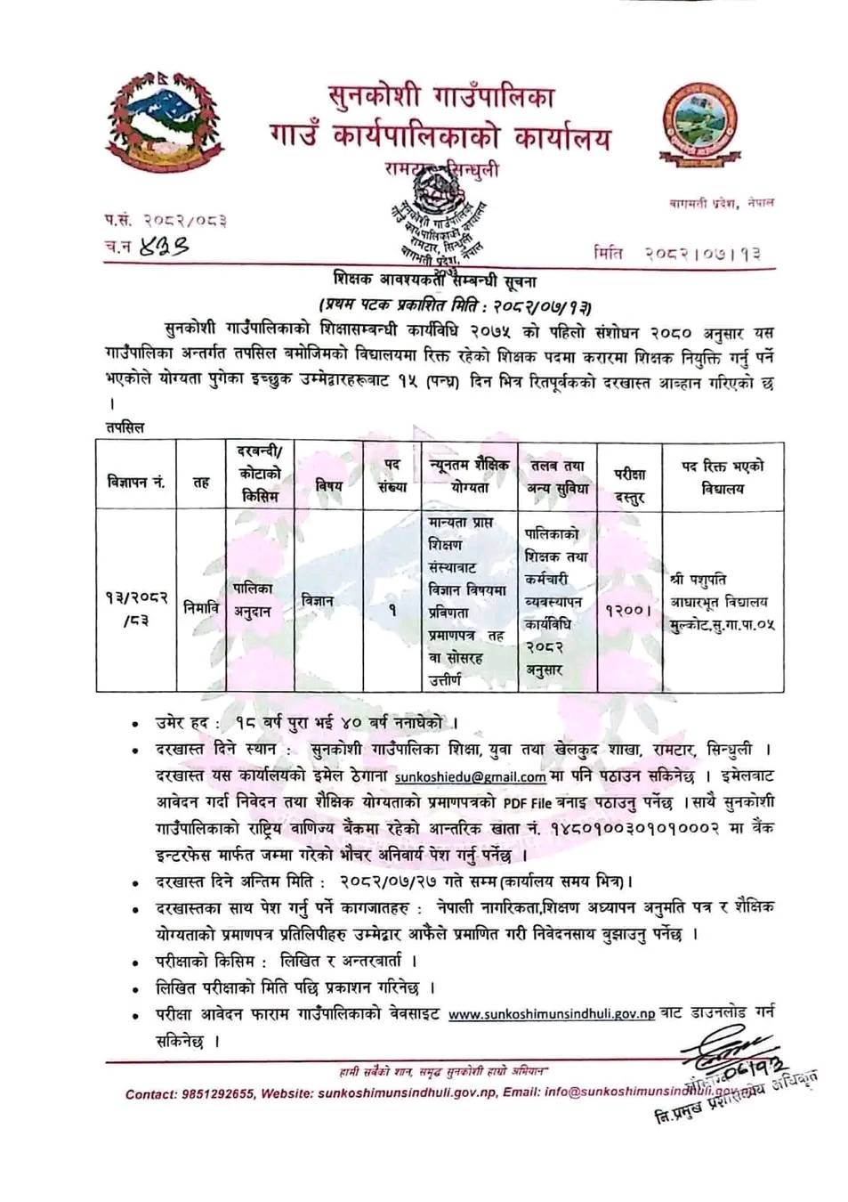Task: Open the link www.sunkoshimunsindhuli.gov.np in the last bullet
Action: point(551,1014)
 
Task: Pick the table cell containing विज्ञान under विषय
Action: point(318,601)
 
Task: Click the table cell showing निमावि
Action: point(201,605)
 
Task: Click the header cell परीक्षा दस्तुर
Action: point(629,487)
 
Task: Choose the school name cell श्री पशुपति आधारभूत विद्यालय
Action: point(722,602)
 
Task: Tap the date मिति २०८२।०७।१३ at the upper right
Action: point(677,254)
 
